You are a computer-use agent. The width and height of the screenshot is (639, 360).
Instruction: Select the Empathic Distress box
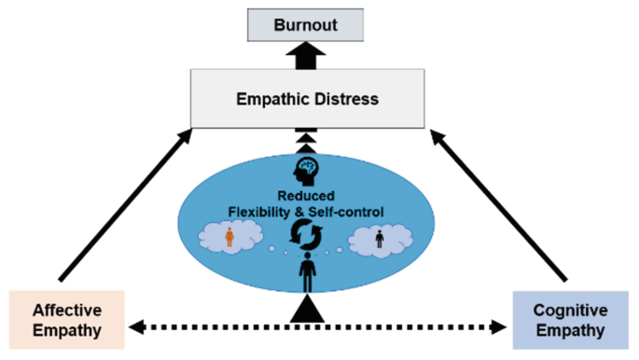[x=319, y=97]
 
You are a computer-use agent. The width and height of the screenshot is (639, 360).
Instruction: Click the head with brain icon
[x=307, y=171]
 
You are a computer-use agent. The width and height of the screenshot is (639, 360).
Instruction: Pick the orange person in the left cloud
[x=229, y=240]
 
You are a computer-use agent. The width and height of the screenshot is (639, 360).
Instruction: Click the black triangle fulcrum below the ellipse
[x=308, y=312]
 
